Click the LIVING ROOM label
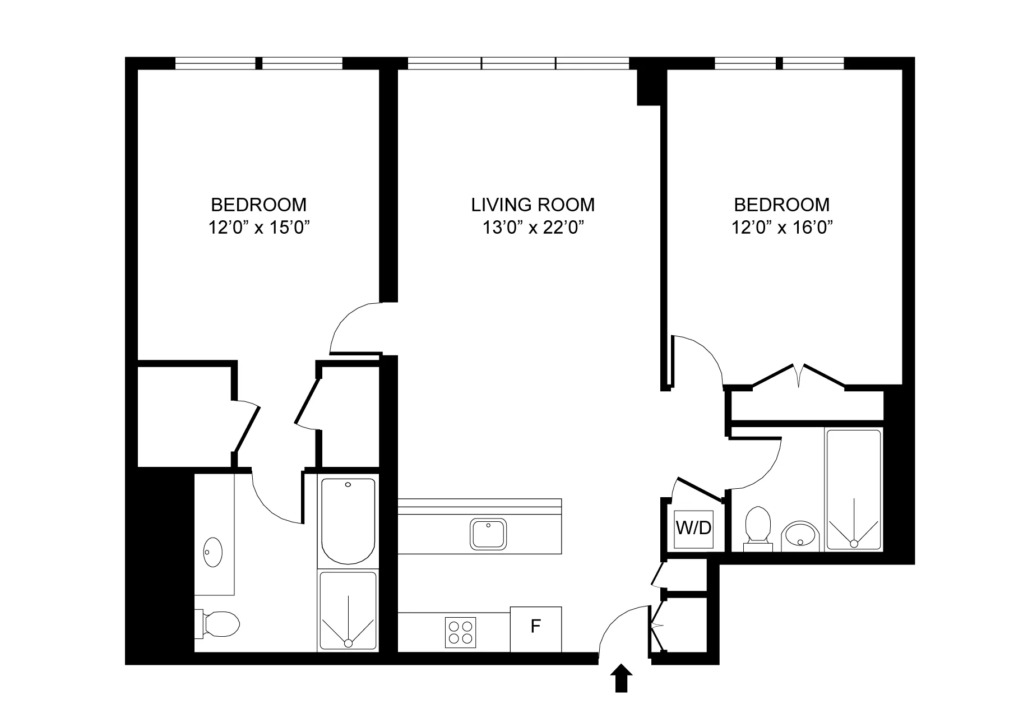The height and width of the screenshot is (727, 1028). (x=532, y=205)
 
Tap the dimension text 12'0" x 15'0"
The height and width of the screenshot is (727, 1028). (x=259, y=228)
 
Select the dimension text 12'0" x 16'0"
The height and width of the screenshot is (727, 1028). (x=782, y=228)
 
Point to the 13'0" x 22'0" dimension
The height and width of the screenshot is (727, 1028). (x=532, y=228)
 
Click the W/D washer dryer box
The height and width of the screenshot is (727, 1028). (x=693, y=528)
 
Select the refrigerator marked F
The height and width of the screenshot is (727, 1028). (x=535, y=629)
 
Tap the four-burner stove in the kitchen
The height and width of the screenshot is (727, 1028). (x=461, y=632)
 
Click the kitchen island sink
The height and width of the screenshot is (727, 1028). (x=488, y=534)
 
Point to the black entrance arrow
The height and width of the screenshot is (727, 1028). (x=621, y=679)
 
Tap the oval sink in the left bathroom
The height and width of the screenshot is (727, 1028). (x=213, y=552)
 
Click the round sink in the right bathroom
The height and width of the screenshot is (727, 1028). (x=800, y=535)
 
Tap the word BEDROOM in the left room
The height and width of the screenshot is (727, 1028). (x=259, y=204)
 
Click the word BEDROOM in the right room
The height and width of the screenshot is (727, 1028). (x=782, y=205)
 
